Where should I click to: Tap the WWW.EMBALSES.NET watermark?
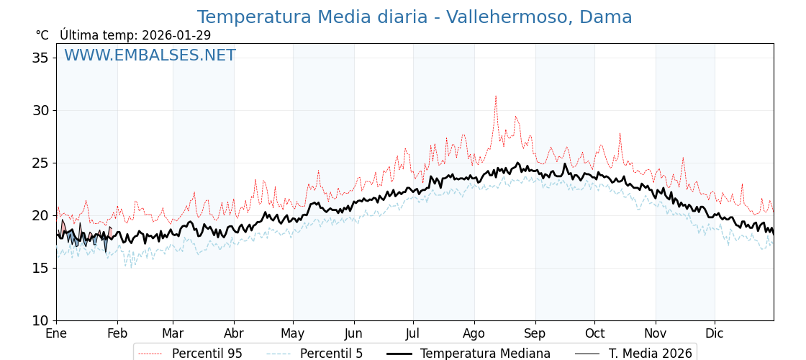[150, 55]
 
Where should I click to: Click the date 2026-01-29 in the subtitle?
[176, 35]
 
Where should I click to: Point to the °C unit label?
[42, 35]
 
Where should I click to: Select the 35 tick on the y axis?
[40, 58]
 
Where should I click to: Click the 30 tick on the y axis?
[40, 110]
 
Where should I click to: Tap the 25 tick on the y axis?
[40, 163]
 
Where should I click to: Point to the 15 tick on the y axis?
[40, 268]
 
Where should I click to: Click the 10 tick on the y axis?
[40, 320]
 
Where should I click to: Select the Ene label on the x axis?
[56, 333]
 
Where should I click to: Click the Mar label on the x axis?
[173, 333]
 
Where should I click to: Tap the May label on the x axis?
[293, 333]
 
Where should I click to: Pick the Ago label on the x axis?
[474, 333]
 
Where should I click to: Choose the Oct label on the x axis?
[594, 333]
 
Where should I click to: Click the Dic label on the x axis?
[715, 333]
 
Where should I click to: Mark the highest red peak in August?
[495, 96]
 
